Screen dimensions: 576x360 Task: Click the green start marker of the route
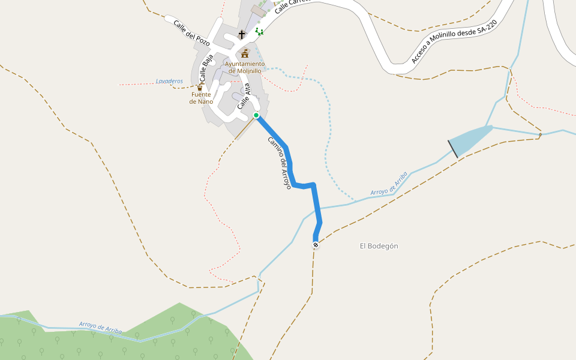(x=256, y=115)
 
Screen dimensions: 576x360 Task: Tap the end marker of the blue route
(x=316, y=245)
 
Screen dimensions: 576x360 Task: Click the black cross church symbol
(x=242, y=35)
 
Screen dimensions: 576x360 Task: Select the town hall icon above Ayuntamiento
(x=245, y=54)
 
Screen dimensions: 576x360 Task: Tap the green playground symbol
(x=259, y=31)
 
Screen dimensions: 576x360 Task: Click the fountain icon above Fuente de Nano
(x=200, y=88)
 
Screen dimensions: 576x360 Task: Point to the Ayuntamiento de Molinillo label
(x=245, y=67)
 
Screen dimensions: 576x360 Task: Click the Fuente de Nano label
(x=202, y=98)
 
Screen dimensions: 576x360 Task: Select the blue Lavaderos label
(x=169, y=81)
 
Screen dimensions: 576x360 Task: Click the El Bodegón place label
(x=379, y=246)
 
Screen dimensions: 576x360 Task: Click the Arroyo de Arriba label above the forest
(x=101, y=328)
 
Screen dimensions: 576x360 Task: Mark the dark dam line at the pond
(x=453, y=149)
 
